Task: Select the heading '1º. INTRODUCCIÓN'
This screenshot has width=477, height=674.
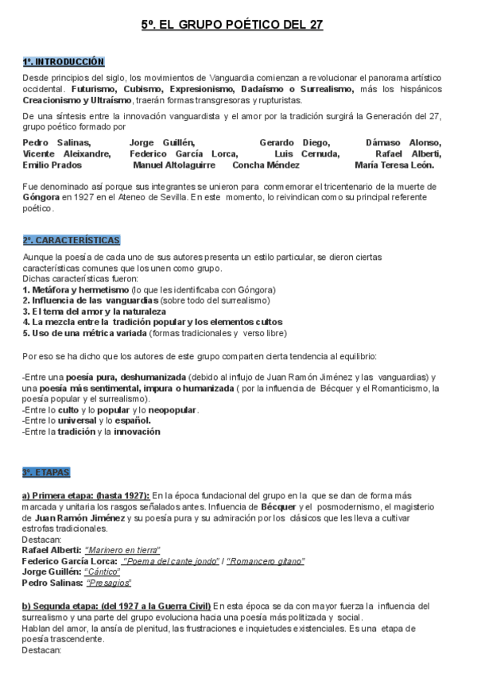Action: tap(64, 61)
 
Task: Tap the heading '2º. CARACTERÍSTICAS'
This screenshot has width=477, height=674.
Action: tap(72, 239)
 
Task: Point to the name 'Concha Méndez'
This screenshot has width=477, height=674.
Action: tap(266, 165)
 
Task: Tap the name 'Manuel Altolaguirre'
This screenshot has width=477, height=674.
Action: tap(173, 165)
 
